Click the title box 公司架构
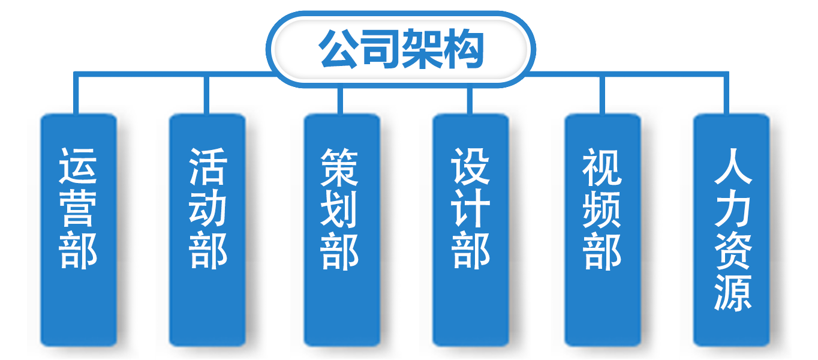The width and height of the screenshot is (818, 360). click(x=401, y=49)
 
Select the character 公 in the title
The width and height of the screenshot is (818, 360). click(x=338, y=49)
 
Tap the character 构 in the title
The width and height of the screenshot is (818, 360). click(x=463, y=49)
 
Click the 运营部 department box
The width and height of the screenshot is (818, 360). click(x=79, y=230)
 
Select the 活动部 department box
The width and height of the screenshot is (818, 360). click(x=207, y=230)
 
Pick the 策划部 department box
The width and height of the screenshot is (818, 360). click(x=342, y=230)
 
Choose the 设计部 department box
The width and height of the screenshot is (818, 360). click(x=471, y=230)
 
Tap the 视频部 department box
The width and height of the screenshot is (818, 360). click(x=603, y=230)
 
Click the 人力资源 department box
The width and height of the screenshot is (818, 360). click(x=732, y=230)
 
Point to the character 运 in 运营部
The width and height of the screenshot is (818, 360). click(x=78, y=166)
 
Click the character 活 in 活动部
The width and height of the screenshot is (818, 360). click(x=207, y=166)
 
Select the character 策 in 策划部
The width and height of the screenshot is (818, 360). click(x=339, y=167)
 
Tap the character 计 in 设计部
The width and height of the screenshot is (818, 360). click(x=470, y=208)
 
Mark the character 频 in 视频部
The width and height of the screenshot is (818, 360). click(x=602, y=209)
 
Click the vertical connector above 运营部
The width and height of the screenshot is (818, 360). click(x=76, y=93)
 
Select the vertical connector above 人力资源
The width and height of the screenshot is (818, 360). click(x=726, y=93)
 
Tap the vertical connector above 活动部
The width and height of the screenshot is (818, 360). click(x=206, y=95)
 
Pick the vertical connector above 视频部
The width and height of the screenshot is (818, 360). click(x=602, y=95)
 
